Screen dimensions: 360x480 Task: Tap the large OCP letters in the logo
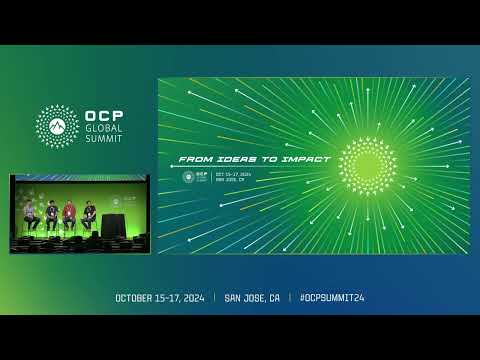click(x=105, y=115)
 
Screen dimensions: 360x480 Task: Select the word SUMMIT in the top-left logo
click(x=106, y=140)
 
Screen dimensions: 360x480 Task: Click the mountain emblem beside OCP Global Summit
click(x=57, y=125)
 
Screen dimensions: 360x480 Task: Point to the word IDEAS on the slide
click(x=231, y=159)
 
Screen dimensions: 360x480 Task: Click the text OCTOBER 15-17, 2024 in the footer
click(x=159, y=298)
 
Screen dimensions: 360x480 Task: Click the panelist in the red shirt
click(x=68, y=213)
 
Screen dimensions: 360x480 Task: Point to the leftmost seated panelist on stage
click(x=31, y=213)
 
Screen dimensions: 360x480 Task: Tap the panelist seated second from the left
click(x=50, y=213)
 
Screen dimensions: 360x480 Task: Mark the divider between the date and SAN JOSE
click(x=213, y=298)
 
